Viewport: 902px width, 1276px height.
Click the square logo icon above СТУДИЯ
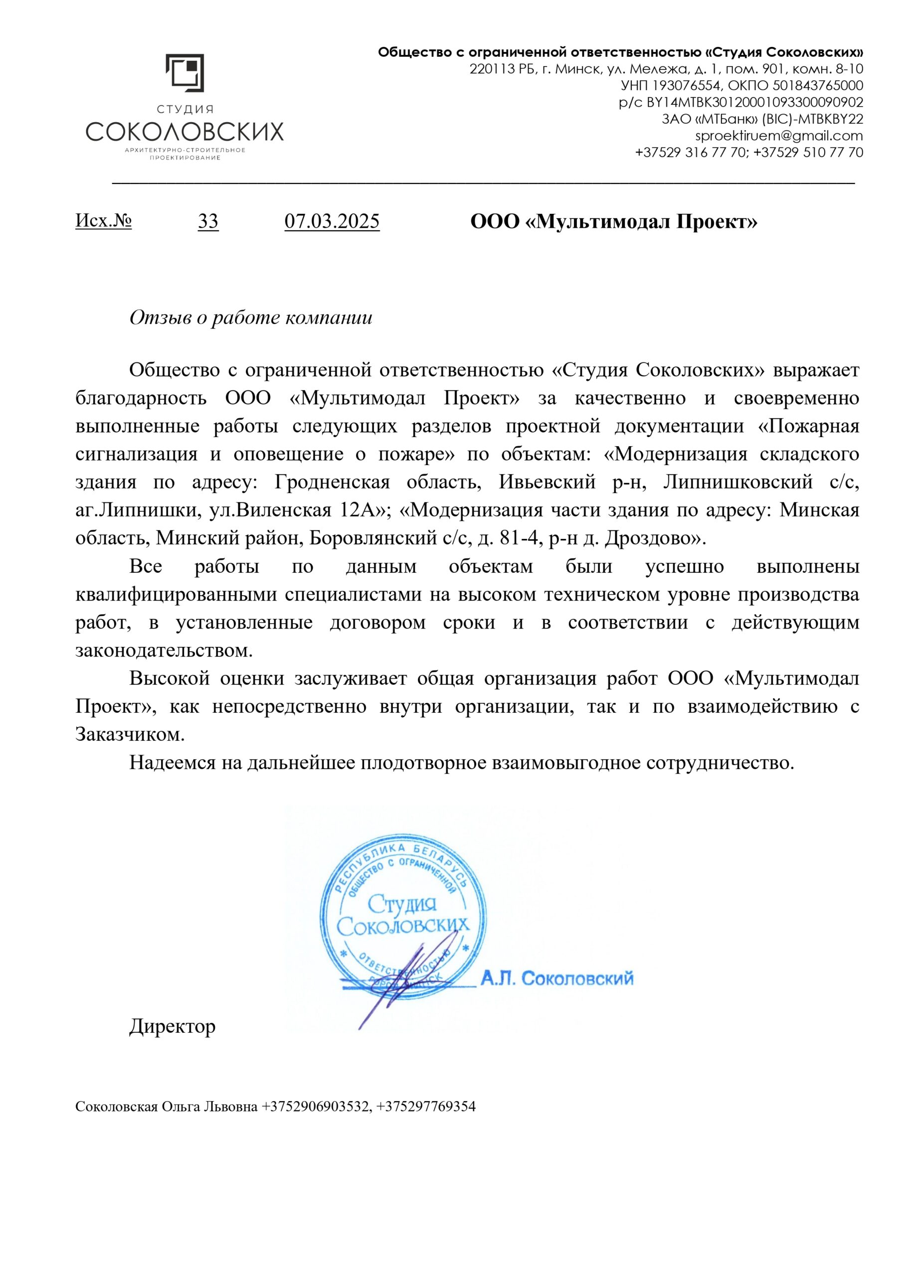(x=184, y=73)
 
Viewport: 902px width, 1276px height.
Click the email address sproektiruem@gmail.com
(x=778, y=136)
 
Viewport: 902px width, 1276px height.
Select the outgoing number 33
(x=208, y=221)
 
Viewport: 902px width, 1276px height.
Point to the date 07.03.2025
(x=332, y=221)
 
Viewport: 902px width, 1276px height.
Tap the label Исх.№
(x=103, y=221)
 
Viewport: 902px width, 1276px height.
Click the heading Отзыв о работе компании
(x=251, y=318)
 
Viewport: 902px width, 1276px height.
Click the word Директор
(x=173, y=1026)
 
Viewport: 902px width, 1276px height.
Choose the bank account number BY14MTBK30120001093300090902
(x=754, y=102)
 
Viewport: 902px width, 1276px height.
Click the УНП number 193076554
(x=687, y=86)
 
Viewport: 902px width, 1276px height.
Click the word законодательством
(x=164, y=650)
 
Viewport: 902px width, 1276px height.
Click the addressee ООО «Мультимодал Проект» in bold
(x=613, y=222)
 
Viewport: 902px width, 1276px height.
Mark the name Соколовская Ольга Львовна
(x=166, y=1107)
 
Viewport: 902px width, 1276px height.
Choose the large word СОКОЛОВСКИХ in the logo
(x=184, y=132)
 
